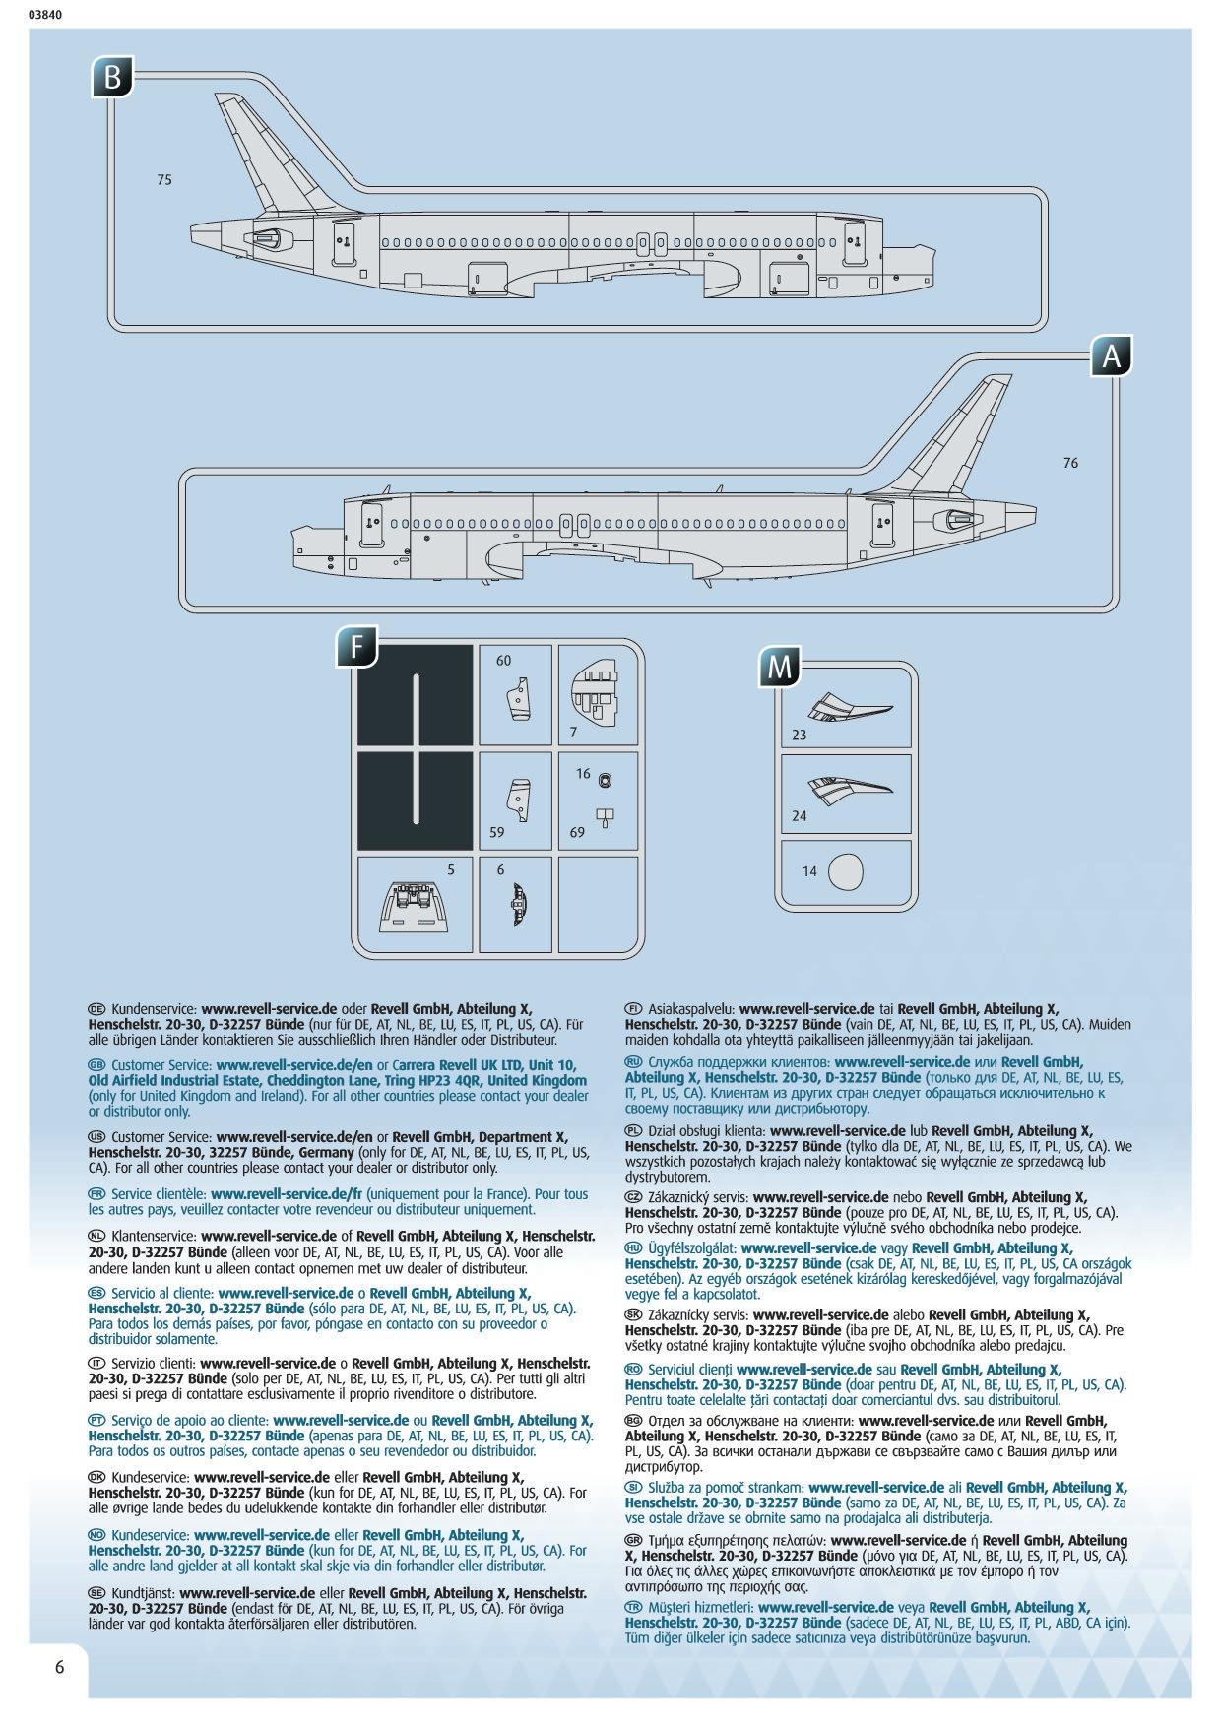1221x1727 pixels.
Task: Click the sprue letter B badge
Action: point(113,78)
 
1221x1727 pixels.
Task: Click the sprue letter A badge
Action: point(1112,357)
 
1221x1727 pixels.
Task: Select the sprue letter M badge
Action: point(779,667)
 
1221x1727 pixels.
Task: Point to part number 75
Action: point(164,180)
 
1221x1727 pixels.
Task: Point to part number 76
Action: point(1070,463)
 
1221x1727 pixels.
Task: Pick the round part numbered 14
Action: point(845,871)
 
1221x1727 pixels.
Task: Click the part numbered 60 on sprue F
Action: point(519,698)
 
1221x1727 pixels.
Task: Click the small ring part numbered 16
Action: point(604,780)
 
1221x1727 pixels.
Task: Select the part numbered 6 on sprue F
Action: point(519,902)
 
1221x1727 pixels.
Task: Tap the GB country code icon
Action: point(96,1065)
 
